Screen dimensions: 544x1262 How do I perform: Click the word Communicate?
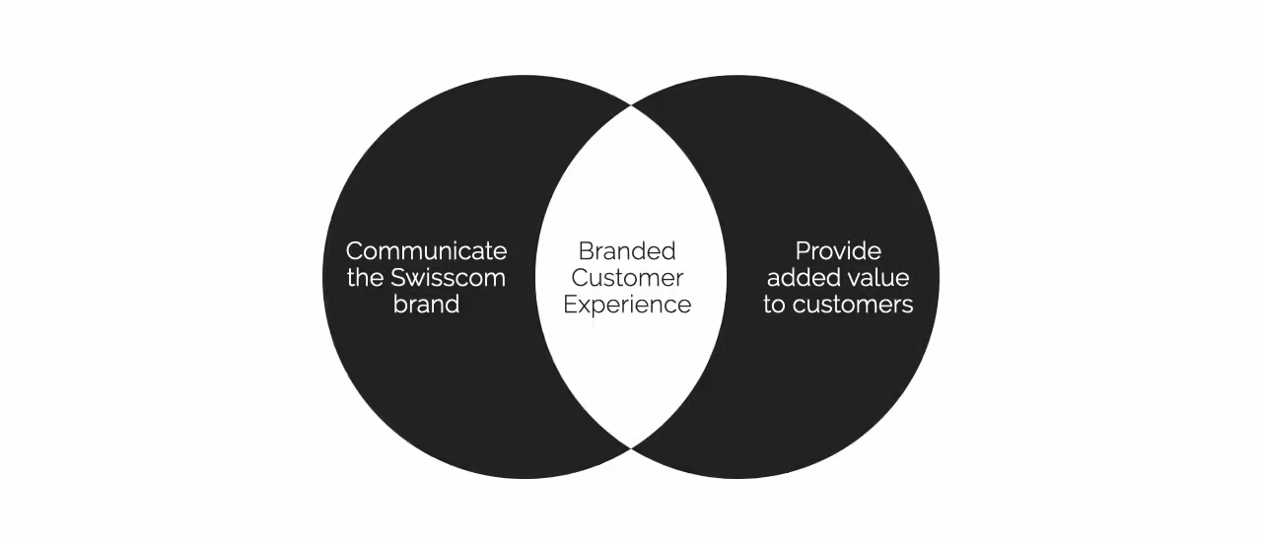point(426,251)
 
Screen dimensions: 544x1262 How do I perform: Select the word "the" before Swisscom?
point(365,278)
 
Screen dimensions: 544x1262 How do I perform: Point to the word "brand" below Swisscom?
point(426,305)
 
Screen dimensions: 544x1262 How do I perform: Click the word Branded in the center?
point(627,251)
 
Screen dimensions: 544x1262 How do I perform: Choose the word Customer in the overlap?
point(627,278)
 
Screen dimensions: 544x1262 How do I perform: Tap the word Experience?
point(627,305)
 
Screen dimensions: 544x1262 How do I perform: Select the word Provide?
point(838,251)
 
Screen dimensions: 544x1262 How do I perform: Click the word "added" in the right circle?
point(800,278)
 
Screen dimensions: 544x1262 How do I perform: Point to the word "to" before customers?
point(774,305)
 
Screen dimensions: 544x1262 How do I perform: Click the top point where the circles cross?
point(631,105)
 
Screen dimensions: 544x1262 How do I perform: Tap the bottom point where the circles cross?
point(631,449)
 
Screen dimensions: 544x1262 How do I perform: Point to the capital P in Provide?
point(803,251)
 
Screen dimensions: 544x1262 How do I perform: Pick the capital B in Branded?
point(585,251)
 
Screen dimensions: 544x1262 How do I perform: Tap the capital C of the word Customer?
point(580,278)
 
